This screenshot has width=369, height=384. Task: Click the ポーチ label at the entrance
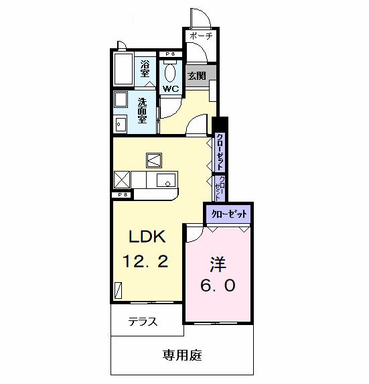tap(200, 36)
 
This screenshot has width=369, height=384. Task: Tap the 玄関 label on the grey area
tap(196, 75)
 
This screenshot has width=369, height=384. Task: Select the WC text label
tap(171, 88)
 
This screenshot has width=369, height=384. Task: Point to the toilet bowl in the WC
tap(171, 72)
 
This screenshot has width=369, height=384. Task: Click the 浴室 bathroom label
tap(145, 68)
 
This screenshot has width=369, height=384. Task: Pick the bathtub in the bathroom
tap(124, 70)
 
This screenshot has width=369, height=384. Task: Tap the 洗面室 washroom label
tap(143, 111)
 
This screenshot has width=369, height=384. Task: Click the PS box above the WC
tap(170, 54)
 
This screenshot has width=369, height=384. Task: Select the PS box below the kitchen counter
tap(123, 194)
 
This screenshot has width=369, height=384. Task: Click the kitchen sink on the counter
tap(165, 180)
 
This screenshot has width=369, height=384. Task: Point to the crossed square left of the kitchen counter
tap(121, 180)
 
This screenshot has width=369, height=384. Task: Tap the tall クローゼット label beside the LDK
tap(220, 153)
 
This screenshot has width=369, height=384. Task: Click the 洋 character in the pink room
tap(218, 263)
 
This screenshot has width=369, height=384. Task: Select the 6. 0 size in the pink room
tap(218, 285)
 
